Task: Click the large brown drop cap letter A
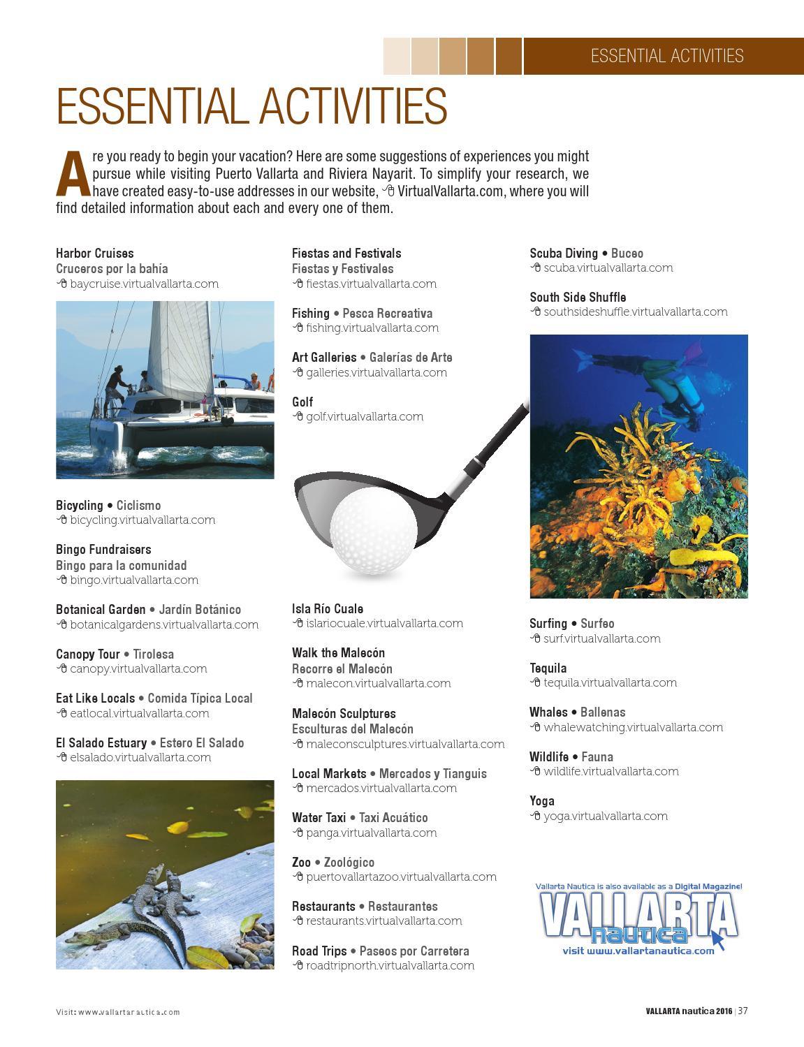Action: [x=73, y=174]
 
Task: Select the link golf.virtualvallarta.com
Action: [x=364, y=417]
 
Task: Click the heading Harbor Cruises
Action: [x=94, y=253]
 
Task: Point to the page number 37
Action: [x=743, y=1011]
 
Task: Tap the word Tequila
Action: [x=548, y=668]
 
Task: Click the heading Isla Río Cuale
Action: [x=327, y=608]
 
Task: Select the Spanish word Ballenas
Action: [x=603, y=712]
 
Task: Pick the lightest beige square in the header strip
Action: [x=397, y=56]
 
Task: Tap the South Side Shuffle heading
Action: [x=578, y=297]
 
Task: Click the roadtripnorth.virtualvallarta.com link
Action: [x=390, y=966]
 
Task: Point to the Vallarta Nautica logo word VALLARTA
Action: [x=638, y=914]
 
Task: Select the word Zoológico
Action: [x=349, y=862]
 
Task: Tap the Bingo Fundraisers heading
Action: [x=103, y=550]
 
